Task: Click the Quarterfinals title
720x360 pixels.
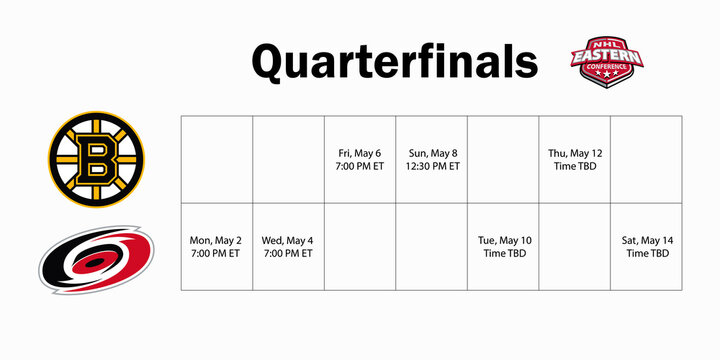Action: click(394, 62)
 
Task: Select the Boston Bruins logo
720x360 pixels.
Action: click(96, 160)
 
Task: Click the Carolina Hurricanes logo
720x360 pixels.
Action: click(96, 261)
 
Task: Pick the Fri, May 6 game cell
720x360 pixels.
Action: click(360, 160)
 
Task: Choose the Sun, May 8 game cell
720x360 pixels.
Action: click(432, 160)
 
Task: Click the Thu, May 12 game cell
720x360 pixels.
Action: click(575, 160)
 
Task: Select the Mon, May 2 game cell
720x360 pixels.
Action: click(216, 247)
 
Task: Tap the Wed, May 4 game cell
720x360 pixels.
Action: click(288, 247)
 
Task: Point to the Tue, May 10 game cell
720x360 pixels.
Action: click(503, 247)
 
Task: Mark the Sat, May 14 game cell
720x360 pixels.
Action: click(647, 247)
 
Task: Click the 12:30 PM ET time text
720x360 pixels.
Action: click(432, 167)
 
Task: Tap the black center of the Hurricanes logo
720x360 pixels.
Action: click(96, 263)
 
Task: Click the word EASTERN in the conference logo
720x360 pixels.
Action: click(606, 57)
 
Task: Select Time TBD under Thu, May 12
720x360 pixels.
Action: click(575, 167)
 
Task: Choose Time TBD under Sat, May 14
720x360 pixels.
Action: click(647, 254)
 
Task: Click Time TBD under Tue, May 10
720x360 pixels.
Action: click(503, 254)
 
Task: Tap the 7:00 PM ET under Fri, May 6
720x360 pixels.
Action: click(360, 167)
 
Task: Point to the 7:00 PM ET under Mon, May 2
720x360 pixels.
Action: click(216, 254)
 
